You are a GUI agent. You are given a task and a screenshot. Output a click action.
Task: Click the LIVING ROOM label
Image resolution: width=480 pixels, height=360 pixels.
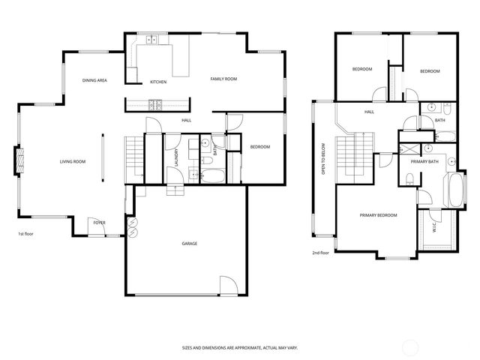(73, 162)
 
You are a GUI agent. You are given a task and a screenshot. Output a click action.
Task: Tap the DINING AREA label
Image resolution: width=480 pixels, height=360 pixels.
(94, 79)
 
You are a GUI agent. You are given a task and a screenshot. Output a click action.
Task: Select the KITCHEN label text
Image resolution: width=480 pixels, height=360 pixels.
(157, 82)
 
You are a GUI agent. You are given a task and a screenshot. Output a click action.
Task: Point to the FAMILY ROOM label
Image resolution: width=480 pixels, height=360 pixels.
(223, 79)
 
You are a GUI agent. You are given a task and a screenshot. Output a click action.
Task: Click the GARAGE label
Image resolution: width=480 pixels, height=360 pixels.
(189, 243)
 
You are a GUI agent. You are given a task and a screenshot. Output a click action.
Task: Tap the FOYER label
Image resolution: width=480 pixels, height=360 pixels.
(99, 223)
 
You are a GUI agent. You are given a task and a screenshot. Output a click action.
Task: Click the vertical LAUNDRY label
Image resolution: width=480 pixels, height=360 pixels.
(175, 157)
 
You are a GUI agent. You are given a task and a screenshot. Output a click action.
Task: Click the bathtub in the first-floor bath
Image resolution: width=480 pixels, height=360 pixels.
(212, 177)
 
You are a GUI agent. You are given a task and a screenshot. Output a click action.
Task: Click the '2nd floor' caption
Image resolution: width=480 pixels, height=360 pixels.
(321, 253)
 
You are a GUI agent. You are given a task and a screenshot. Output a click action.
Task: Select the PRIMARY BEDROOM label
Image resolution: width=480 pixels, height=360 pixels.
(377, 215)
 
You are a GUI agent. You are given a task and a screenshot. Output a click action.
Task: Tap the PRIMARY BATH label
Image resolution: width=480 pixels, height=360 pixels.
(424, 161)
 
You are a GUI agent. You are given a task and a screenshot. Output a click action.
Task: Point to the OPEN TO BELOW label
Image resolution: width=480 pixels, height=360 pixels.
(322, 159)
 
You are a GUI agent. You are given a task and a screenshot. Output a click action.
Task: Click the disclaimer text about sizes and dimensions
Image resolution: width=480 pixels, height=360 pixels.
(241, 347)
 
